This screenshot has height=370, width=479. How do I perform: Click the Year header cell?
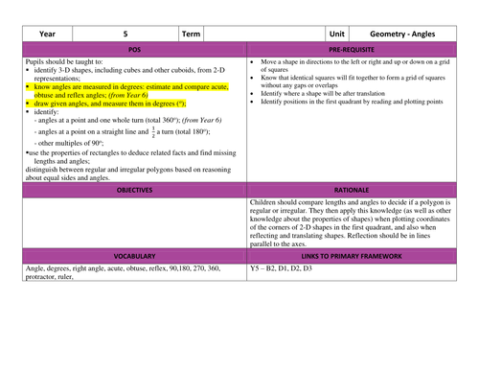47,33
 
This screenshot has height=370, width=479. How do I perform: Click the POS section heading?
134,48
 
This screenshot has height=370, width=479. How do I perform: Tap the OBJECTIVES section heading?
134,191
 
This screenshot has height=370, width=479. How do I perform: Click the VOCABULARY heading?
134,257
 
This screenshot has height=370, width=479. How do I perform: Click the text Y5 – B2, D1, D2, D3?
281,269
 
